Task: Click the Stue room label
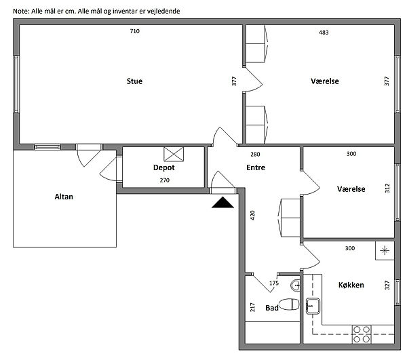coord(134,81)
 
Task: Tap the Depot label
coord(163,167)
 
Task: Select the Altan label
coord(64,197)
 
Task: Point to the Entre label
coord(256,167)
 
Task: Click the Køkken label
coord(351,285)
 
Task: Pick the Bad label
coord(272,308)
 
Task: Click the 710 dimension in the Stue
coord(135,31)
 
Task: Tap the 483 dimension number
coord(324,33)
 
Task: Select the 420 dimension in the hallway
coord(252,216)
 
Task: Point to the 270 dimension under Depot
coord(165,180)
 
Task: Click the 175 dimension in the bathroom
coord(274,283)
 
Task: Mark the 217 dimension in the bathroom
coord(252,307)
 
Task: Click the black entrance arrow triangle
coord(222,203)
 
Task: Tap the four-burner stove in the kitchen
coord(362,334)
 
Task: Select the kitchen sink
coord(313,306)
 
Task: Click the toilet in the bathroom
coord(289,304)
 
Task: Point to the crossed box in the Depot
coord(174,154)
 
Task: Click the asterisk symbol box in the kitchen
coord(385,251)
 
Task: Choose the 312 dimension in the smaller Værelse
coord(387,188)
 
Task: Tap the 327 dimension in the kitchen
coord(387,285)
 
